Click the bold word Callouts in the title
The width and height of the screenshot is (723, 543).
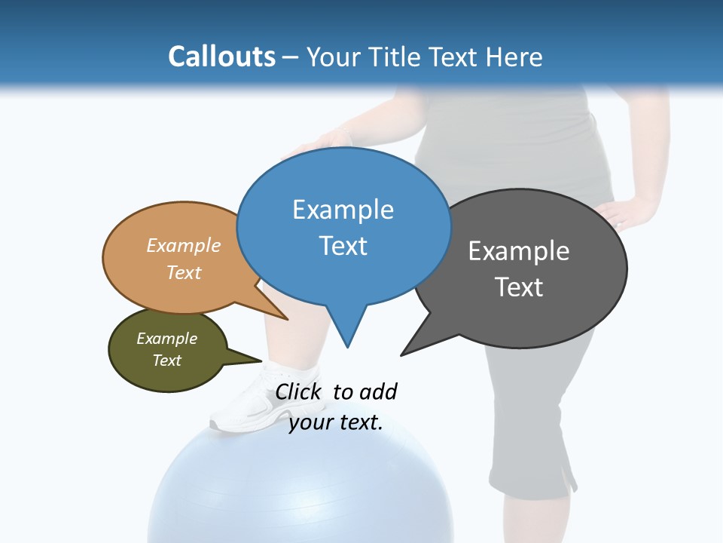(x=222, y=57)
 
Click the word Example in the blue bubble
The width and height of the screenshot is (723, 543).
(x=343, y=210)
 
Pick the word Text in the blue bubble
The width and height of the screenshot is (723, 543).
(x=343, y=246)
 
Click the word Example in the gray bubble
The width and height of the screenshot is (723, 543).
(x=519, y=251)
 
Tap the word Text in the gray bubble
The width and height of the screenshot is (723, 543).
(x=519, y=287)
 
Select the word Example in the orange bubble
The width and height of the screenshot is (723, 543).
(x=184, y=246)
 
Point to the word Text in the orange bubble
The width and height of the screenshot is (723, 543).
(x=184, y=272)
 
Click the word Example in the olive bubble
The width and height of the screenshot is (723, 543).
(x=166, y=339)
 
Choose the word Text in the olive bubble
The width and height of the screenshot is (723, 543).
(x=166, y=360)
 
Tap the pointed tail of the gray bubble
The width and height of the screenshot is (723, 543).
(x=410, y=348)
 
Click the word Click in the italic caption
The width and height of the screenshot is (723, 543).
(x=298, y=391)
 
